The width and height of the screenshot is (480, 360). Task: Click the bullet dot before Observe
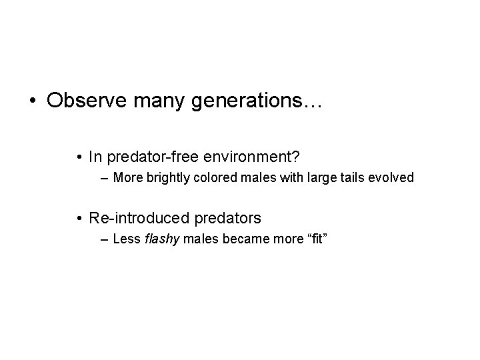(32, 101)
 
